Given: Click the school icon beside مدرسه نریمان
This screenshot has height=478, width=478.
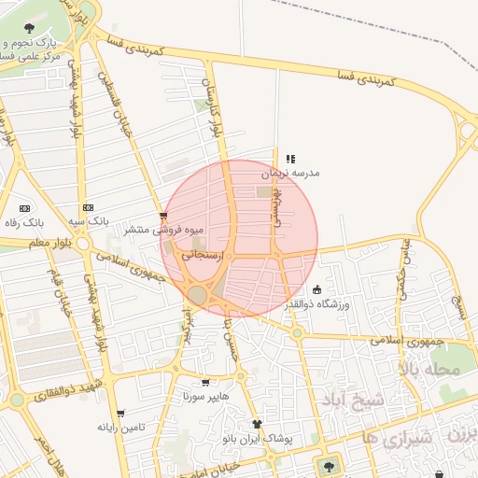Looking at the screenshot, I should (290, 160).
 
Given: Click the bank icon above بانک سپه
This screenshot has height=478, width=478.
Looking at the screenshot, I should (88, 207).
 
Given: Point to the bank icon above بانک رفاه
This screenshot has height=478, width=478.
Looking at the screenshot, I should (24, 208).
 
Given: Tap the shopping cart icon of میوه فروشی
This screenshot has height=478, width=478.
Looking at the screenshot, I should (164, 217).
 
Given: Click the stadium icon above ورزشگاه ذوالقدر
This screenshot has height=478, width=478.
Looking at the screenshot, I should (316, 289).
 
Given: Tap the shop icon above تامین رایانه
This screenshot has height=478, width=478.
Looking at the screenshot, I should (119, 412).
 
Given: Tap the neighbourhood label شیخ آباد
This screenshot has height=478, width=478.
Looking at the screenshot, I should (360, 401).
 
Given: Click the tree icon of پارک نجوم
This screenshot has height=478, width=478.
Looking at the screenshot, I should (32, 27).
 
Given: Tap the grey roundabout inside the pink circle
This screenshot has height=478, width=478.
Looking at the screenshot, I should (197, 295).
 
